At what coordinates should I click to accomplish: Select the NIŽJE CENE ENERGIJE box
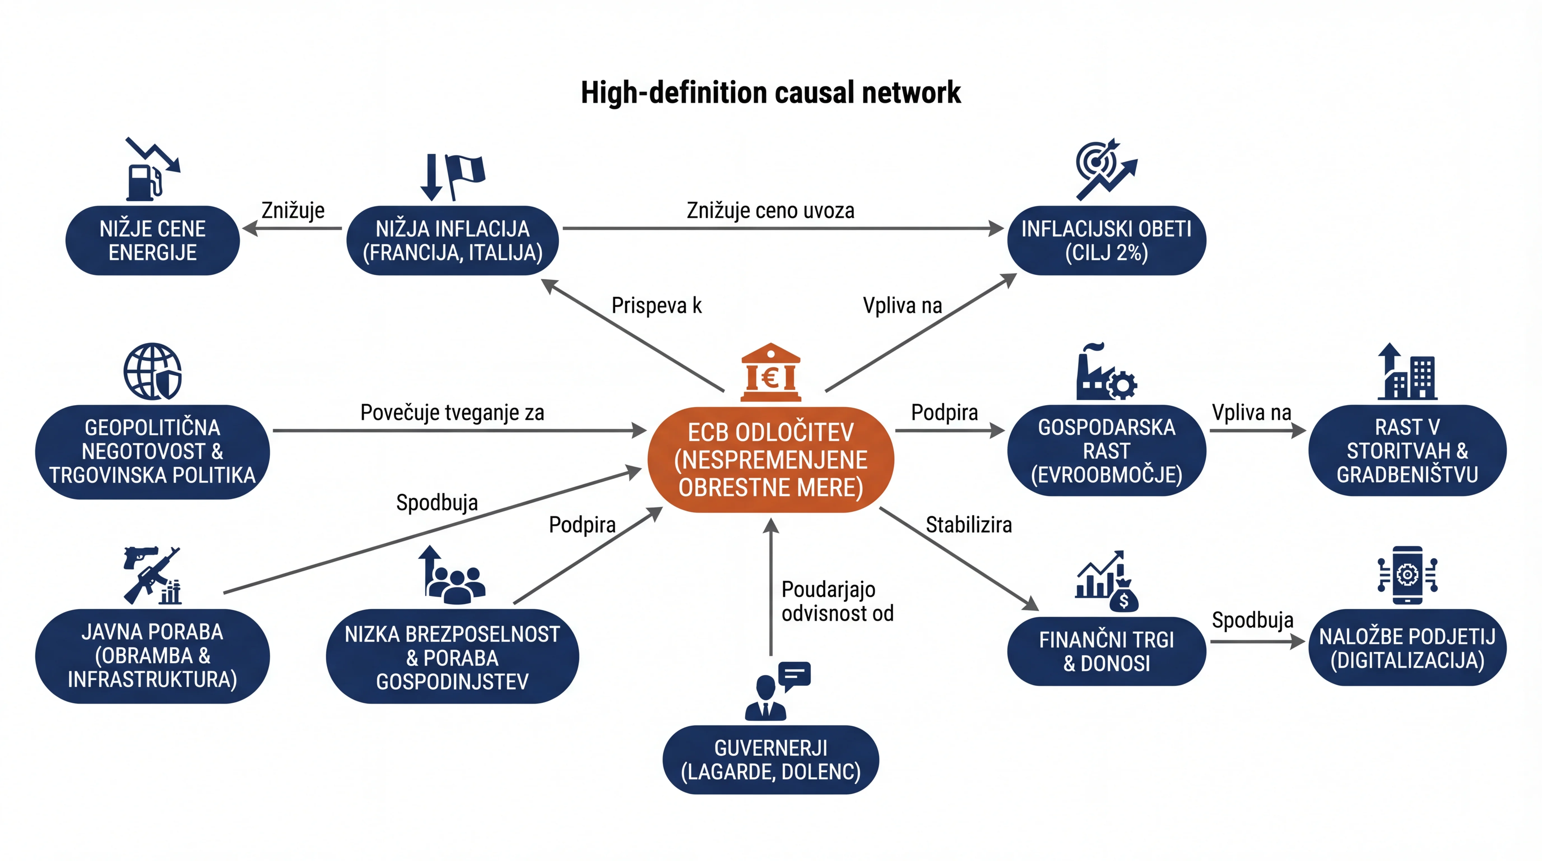[153, 240]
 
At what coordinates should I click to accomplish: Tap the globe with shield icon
[153, 371]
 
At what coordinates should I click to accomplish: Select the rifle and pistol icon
[152, 575]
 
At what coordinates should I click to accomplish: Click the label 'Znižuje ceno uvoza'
[770, 211]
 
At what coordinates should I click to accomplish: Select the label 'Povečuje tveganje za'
[452, 413]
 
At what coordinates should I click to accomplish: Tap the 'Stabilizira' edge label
[969, 525]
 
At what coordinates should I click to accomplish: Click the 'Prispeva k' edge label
[656, 305]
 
